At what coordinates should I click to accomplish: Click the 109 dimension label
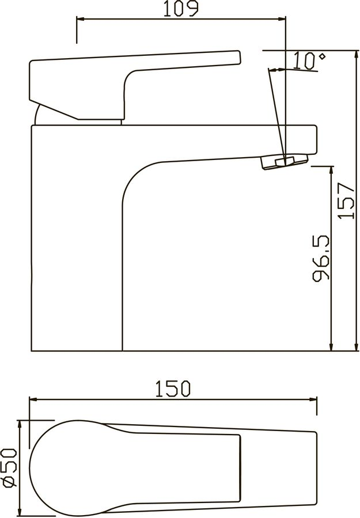click(181, 9)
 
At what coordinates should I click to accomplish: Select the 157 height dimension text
click(346, 200)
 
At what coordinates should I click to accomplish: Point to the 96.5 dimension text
click(321, 258)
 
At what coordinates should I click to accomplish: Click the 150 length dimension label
click(173, 389)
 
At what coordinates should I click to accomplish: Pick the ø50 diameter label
click(10, 468)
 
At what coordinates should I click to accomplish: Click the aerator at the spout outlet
click(285, 161)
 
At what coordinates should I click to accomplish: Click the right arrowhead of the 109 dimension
click(282, 19)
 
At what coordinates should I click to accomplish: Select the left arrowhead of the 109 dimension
click(81, 19)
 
